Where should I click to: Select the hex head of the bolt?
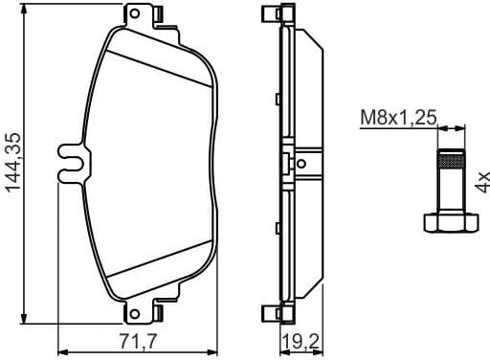pos(450,222)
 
